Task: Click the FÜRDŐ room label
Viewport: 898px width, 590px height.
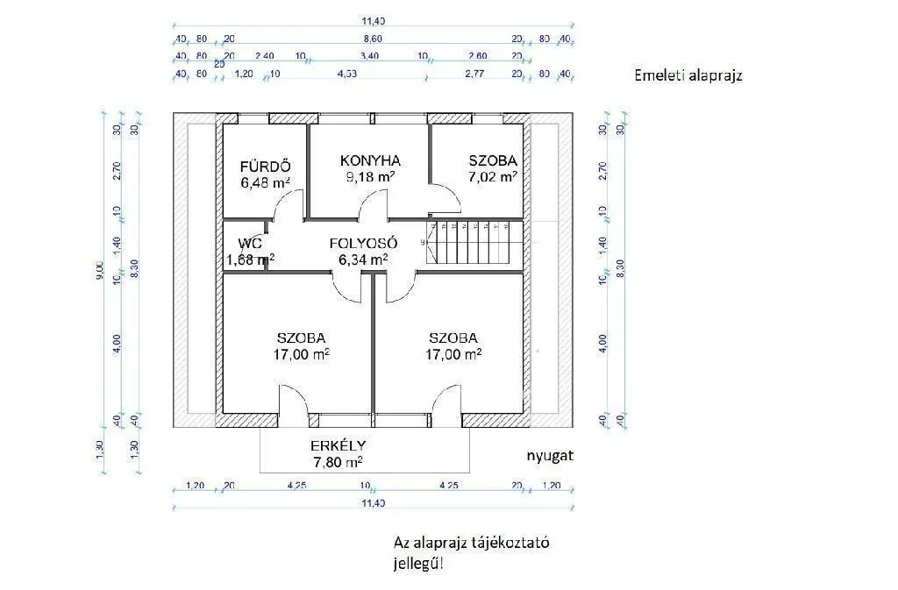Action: point(265,167)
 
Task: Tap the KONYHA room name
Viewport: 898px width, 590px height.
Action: point(370,160)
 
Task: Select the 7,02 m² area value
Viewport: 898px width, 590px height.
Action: point(492,176)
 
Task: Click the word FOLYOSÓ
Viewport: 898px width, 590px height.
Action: point(364,243)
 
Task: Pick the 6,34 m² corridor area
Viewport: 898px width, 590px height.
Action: point(364,259)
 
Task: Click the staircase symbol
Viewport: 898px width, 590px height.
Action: point(472,242)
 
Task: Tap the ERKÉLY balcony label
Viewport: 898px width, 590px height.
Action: point(337,444)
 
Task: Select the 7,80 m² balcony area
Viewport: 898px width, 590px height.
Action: point(337,461)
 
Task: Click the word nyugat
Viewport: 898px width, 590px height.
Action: point(549,457)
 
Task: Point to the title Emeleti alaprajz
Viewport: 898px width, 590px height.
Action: point(688,75)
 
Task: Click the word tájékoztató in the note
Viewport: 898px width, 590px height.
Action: point(511,543)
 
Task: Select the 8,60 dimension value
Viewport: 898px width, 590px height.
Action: point(372,39)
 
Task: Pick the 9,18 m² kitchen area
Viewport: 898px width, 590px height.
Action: point(369,176)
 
